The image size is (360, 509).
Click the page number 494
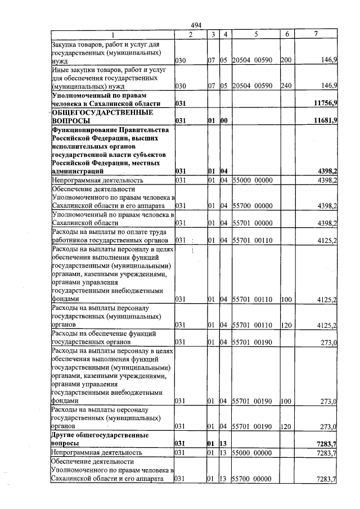coord(196,25)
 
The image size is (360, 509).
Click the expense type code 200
coord(286,59)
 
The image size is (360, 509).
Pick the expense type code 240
coord(286,85)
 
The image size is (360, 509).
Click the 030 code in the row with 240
coord(181,85)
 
